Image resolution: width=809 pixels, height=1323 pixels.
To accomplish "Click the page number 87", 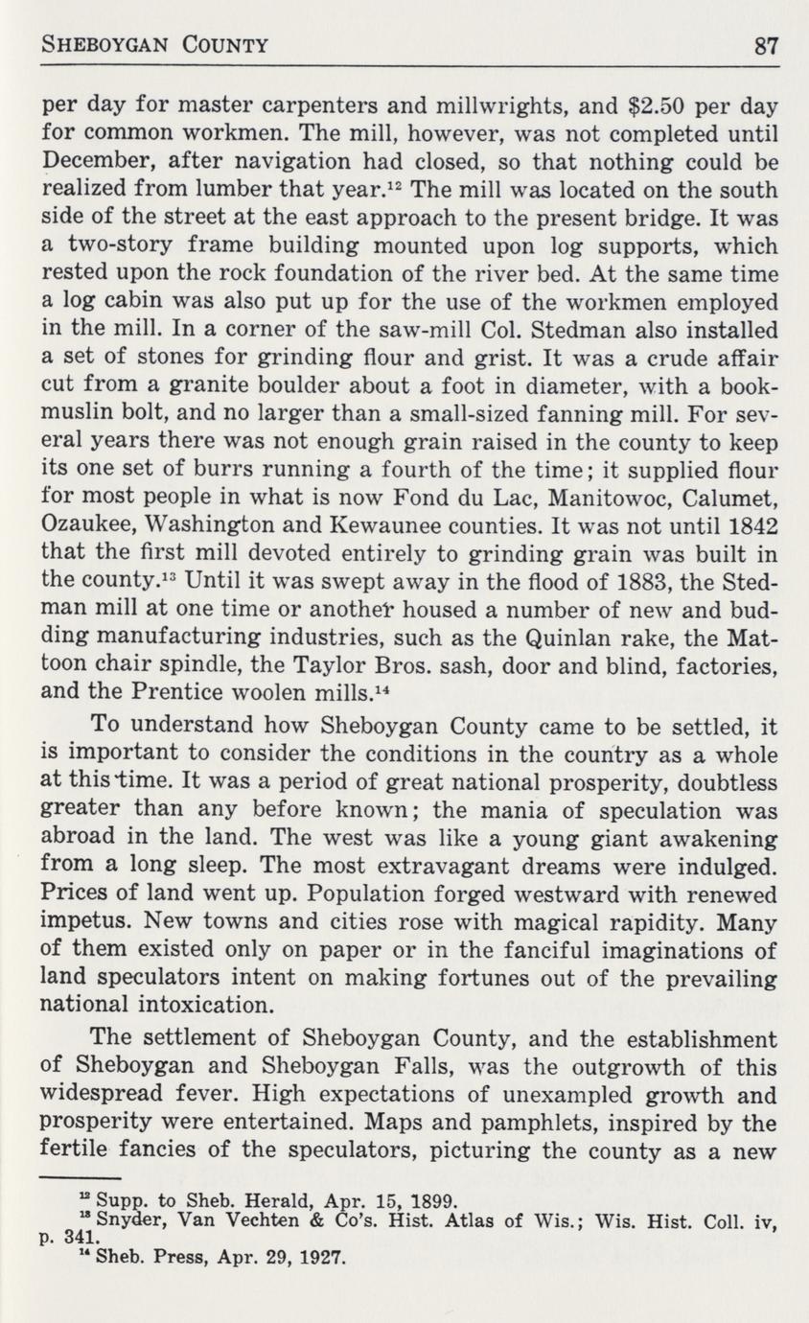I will click(x=764, y=44).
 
